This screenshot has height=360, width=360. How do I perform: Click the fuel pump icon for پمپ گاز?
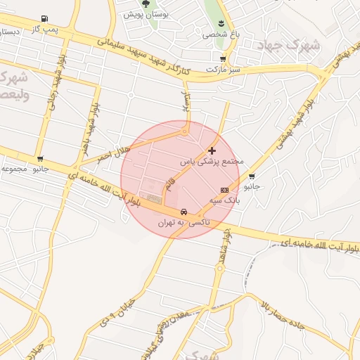pyautogui.click(x=46, y=18)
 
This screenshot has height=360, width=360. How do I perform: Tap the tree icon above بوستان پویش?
pyautogui.click(x=146, y=4)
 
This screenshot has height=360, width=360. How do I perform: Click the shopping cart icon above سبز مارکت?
pyautogui.click(x=223, y=59)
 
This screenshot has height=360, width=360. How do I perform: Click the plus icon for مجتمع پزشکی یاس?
pyautogui.click(x=212, y=150)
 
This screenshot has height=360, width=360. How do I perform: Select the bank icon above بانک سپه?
pyautogui.click(x=225, y=190)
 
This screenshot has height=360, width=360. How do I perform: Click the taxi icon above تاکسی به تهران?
pyautogui.click(x=184, y=211)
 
